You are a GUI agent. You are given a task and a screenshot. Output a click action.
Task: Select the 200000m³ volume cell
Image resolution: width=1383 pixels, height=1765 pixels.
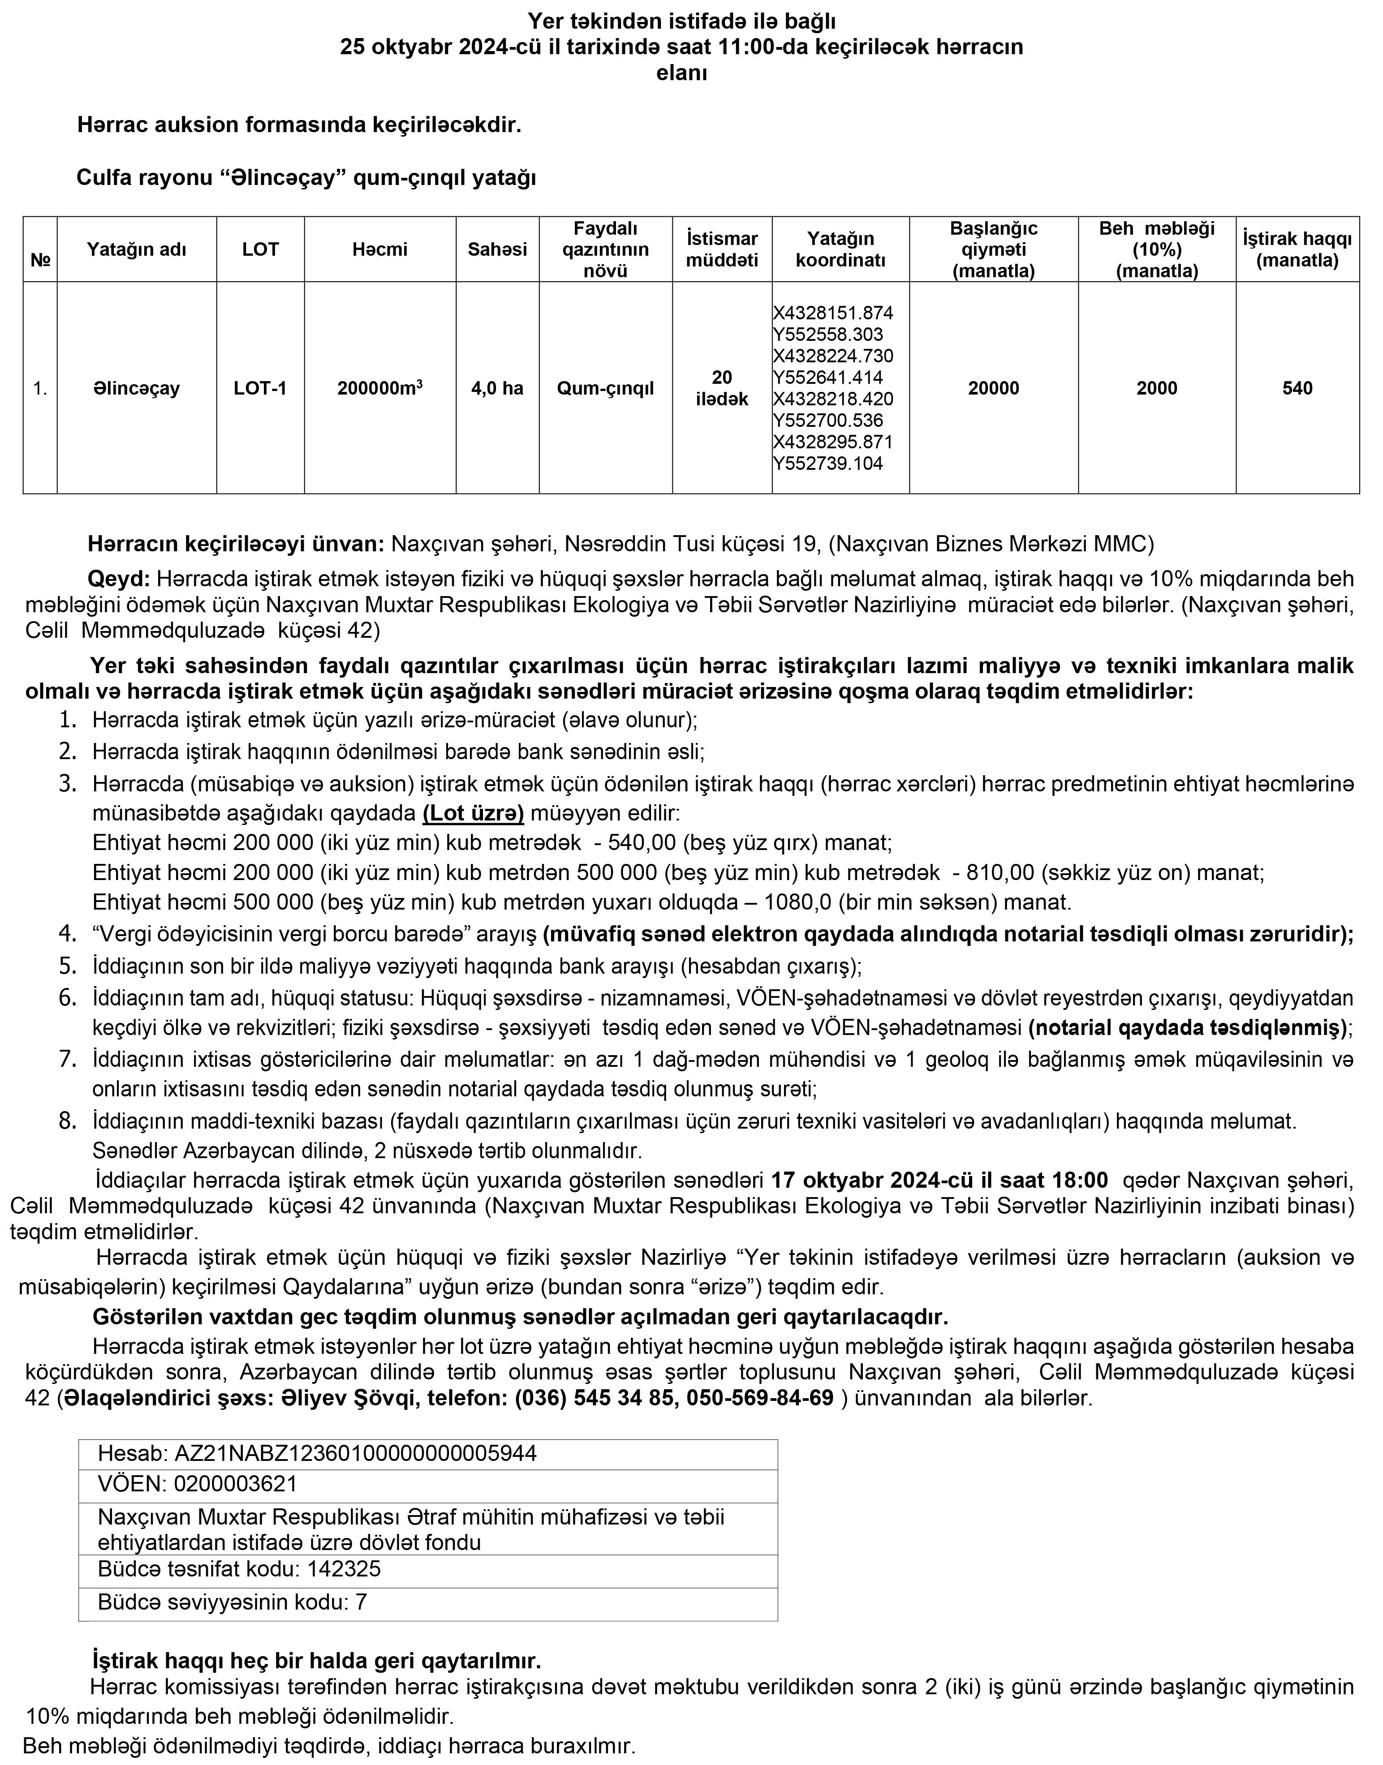point(380,388)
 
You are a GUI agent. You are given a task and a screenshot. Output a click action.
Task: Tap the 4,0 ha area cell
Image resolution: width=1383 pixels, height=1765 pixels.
point(497,388)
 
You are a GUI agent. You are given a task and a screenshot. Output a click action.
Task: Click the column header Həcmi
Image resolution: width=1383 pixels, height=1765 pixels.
point(380,249)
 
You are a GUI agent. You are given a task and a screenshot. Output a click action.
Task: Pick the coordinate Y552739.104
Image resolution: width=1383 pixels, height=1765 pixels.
point(827,464)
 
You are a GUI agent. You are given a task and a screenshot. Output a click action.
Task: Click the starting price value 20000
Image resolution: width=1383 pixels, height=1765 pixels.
point(994,388)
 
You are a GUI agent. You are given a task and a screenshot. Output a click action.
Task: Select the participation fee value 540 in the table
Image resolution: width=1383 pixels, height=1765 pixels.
point(1297,388)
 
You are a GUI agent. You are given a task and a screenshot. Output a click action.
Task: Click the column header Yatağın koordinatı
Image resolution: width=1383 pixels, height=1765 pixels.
point(840,249)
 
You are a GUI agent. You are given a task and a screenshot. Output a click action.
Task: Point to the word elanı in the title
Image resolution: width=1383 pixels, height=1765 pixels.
point(682,73)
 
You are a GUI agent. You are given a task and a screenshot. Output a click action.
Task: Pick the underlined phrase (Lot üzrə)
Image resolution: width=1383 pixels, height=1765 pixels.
point(473,812)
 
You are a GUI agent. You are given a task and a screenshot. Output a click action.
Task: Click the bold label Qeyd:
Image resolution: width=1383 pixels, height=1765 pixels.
point(119,580)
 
